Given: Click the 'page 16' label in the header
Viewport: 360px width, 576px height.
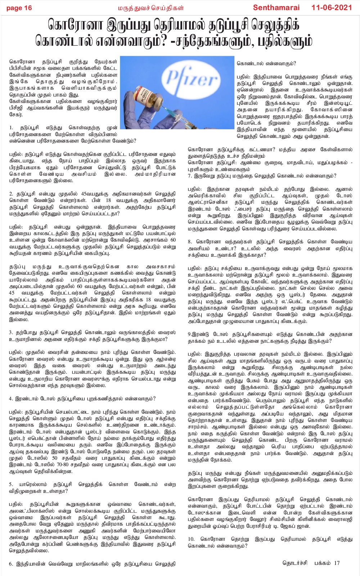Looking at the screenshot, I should click(19, 8).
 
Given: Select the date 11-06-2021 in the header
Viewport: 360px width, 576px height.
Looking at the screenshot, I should click(332, 8).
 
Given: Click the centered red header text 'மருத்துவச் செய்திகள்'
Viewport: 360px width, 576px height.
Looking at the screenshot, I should click(151, 8).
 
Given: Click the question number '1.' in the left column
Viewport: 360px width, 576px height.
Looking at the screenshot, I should click(11, 128).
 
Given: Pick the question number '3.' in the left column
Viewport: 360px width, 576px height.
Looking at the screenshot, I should click(11, 332).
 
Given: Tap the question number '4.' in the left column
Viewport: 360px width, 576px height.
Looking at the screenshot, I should click(11, 399).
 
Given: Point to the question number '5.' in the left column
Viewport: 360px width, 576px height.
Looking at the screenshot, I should click(11, 484).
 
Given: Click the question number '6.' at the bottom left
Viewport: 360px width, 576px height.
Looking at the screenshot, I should click(11, 564).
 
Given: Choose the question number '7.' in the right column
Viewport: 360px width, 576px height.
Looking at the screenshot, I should click(190, 176).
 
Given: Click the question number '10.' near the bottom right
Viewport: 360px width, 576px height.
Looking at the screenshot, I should click(192, 539).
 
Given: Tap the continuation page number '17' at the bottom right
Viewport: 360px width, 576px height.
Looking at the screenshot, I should click(337, 563).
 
